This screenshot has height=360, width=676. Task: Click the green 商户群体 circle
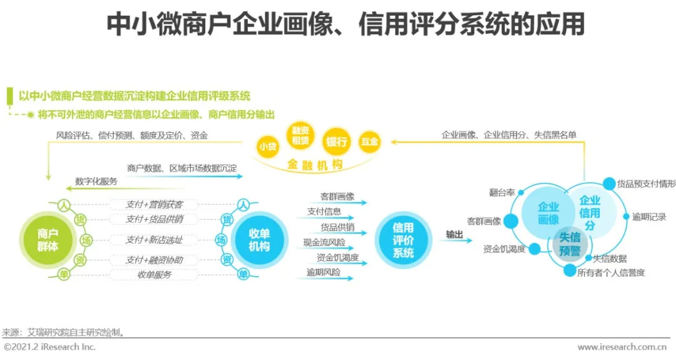(x=47, y=239)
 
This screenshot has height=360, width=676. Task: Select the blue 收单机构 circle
(x=258, y=239)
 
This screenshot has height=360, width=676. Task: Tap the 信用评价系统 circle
(x=403, y=239)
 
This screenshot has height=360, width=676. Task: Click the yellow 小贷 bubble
(x=267, y=146)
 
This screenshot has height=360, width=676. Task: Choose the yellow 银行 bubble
(x=335, y=141)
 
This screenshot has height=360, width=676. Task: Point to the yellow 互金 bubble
(x=369, y=142)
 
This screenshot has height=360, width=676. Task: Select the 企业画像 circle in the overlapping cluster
(x=548, y=213)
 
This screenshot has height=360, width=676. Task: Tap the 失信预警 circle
(x=569, y=244)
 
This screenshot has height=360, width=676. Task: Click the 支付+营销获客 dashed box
(x=153, y=204)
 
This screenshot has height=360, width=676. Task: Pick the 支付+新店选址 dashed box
(x=153, y=240)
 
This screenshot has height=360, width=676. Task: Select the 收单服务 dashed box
(x=154, y=274)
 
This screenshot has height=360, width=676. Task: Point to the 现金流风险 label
(x=324, y=242)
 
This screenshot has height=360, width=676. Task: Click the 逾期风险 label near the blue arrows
(x=323, y=272)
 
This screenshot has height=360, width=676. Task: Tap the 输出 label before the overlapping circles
(x=454, y=234)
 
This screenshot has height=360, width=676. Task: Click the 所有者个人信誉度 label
(x=611, y=272)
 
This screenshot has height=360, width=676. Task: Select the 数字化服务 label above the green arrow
(x=95, y=181)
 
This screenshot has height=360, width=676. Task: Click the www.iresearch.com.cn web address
(x=622, y=347)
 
